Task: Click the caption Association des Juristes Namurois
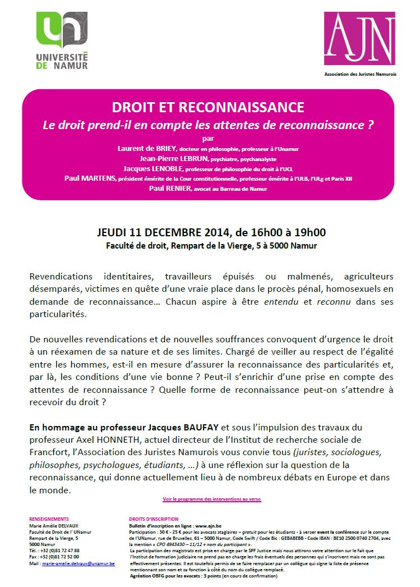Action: click(x=360, y=74)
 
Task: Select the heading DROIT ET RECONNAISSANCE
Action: click(x=208, y=107)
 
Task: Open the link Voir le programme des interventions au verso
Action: click(x=211, y=499)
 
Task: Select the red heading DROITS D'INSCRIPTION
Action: click(x=154, y=519)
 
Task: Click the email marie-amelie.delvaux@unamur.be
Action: click(x=78, y=563)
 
